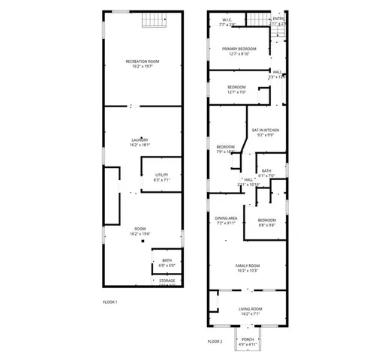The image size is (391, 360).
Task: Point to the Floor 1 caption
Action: pyautogui.click(x=110, y=301)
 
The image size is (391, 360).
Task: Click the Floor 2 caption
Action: pyautogui.click(x=215, y=341)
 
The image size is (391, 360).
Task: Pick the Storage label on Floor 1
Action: pyautogui.click(x=167, y=282)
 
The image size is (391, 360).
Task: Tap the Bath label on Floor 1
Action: pyautogui.click(x=167, y=262)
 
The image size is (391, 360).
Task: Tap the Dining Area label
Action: pyautogui.click(x=226, y=220)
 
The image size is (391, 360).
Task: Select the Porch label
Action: pyautogui.click(x=248, y=340)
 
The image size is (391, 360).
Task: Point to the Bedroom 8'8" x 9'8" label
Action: pyautogui.click(x=267, y=222)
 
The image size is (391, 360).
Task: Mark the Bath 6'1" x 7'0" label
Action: pyautogui.click(x=267, y=172)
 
